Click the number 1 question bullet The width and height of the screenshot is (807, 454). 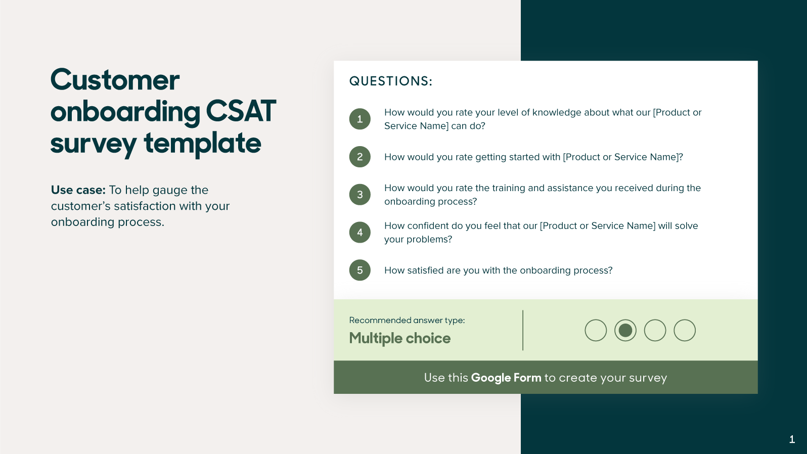click(x=360, y=119)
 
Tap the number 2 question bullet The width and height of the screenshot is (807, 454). click(x=360, y=157)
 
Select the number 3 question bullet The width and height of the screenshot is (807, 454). click(x=360, y=195)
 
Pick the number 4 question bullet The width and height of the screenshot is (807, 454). click(x=360, y=233)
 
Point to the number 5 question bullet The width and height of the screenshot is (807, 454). click(x=360, y=270)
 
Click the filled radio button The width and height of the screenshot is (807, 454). click(x=625, y=330)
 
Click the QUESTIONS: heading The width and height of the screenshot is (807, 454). click(x=391, y=81)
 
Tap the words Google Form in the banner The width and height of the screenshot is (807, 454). click(x=506, y=378)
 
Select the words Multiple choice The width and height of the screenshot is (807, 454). click(x=399, y=338)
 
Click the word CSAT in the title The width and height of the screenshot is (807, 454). click(x=241, y=111)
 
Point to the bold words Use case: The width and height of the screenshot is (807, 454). click(x=78, y=190)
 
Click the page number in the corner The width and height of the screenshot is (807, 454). click(x=792, y=439)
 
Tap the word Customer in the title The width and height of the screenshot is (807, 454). click(x=115, y=80)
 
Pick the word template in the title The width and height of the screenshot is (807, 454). click(x=202, y=143)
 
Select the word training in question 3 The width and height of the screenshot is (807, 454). click(x=508, y=188)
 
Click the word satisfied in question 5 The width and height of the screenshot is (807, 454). click(x=425, y=270)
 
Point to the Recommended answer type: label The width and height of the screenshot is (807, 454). click(x=407, y=320)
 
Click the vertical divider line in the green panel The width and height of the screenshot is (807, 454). click(x=523, y=330)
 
